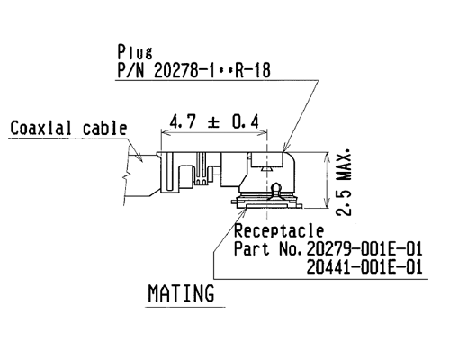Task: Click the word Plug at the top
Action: click(135, 52)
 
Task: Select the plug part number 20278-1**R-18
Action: click(193, 71)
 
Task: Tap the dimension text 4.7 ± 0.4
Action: click(214, 121)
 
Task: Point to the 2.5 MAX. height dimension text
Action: click(344, 182)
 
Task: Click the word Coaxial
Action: click(41, 128)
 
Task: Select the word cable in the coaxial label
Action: click(105, 128)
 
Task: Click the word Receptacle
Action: click(279, 231)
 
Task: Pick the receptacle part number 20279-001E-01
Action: click(364, 249)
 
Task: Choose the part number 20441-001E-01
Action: click(364, 266)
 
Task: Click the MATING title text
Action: click(182, 293)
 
